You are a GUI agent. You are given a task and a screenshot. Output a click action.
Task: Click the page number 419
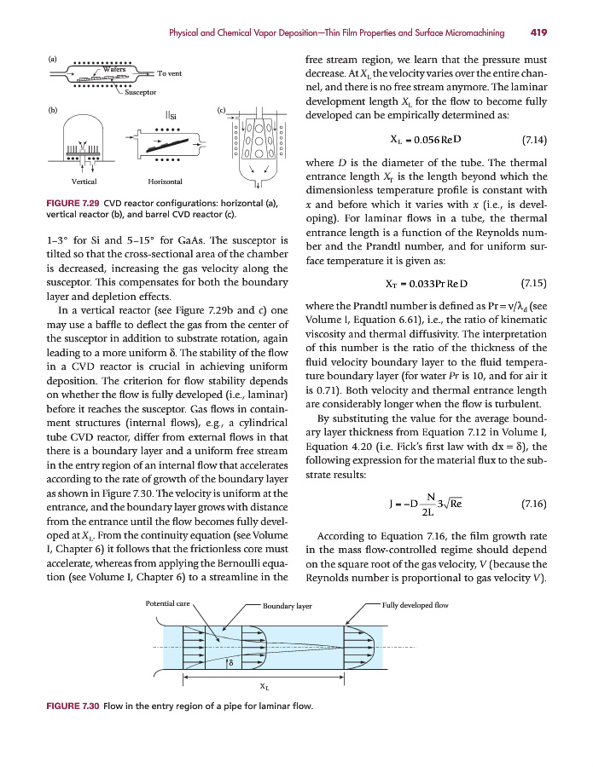(x=538, y=33)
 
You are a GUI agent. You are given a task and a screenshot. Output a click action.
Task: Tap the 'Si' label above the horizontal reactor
(x=172, y=116)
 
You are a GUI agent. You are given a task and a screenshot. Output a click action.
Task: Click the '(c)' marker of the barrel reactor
(x=222, y=110)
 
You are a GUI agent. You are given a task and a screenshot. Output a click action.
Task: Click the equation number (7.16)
(x=533, y=504)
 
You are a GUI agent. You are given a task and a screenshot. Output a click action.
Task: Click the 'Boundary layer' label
(x=288, y=606)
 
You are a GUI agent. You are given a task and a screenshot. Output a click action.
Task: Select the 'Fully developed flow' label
(x=416, y=604)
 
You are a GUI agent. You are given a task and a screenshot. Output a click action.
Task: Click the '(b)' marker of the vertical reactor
(x=53, y=110)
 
